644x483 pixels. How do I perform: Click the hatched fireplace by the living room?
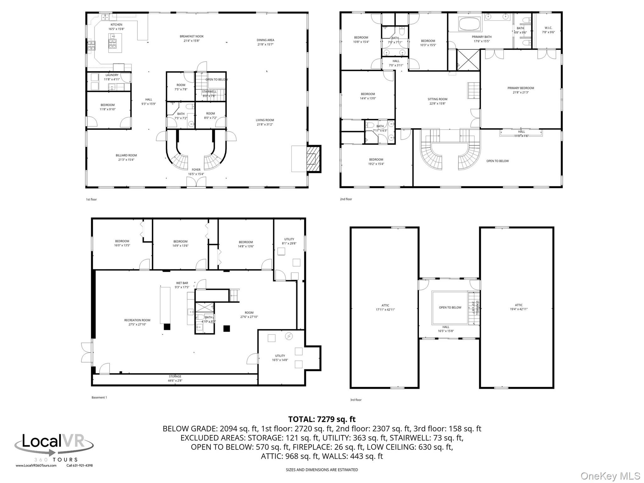click(x=313, y=159)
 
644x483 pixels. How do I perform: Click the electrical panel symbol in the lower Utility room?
click(x=289, y=336)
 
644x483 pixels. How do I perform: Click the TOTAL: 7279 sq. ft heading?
click(x=322, y=419)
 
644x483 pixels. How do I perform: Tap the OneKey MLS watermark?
click(x=610, y=476)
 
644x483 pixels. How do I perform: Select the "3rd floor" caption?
click(x=356, y=400)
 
